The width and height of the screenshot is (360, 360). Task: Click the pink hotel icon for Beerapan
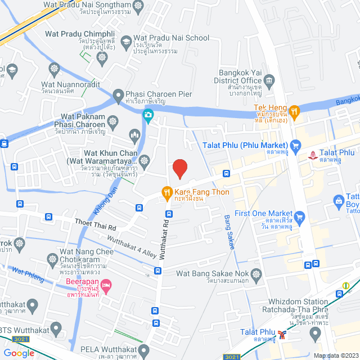click(108, 285)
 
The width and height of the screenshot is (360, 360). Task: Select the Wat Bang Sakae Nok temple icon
click(257, 274)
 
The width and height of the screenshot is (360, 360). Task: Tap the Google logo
click(19, 353)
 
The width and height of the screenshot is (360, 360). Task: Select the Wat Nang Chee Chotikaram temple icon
click(53, 259)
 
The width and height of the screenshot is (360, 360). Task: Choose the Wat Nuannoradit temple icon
click(54, 70)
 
